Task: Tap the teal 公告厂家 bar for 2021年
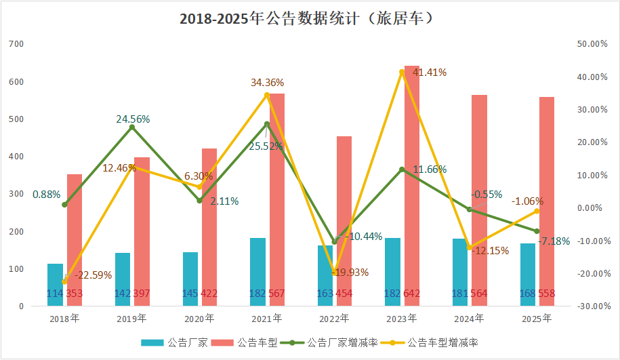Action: tap(258, 271)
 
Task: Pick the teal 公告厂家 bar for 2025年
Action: tap(528, 274)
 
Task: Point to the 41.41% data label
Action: tap(430, 73)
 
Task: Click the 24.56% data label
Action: tap(133, 119)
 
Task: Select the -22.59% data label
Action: tap(93, 275)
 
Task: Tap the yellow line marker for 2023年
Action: tap(402, 72)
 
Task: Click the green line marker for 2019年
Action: tap(132, 127)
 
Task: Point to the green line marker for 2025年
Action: tap(537, 231)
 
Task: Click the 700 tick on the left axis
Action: tap(17, 44)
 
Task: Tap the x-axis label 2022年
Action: tap(335, 318)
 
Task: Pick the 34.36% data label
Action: tap(267, 83)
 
